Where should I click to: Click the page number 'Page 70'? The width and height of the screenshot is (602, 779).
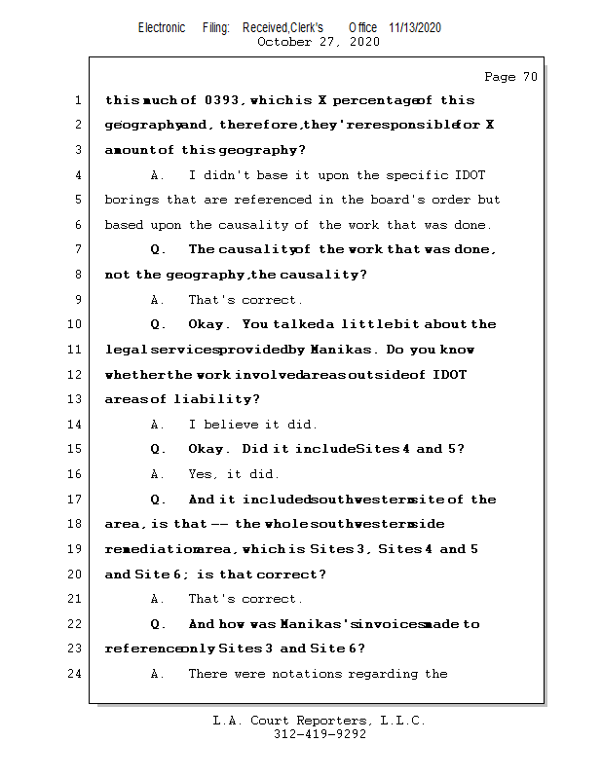point(510,77)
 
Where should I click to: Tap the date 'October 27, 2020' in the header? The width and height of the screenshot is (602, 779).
point(319,42)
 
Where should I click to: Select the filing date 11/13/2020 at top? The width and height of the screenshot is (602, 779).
point(415,28)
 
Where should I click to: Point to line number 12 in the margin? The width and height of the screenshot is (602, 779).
point(77,375)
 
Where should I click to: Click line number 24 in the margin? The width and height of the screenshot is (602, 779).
point(77,674)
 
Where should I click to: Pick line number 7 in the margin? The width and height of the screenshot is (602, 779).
point(77,250)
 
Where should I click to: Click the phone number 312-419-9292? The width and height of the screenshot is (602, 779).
point(320,735)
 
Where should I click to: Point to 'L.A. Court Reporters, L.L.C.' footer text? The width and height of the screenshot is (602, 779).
point(320,722)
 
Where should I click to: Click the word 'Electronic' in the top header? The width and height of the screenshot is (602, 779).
point(162,28)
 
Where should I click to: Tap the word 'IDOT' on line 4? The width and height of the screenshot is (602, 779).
point(470,175)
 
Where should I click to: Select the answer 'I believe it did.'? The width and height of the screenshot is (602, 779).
point(252,425)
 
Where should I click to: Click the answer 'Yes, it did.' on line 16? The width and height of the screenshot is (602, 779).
point(234,474)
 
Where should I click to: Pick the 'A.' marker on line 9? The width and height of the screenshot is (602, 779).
point(158,300)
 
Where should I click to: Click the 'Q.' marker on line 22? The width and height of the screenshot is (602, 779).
point(159,624)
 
